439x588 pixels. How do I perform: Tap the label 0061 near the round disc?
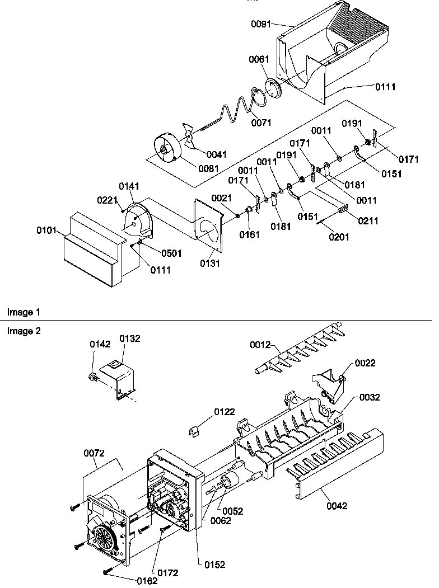click(259, 59)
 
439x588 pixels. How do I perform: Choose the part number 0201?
click(338, 237)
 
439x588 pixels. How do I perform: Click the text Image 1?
click(24, 312)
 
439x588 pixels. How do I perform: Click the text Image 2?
click(24, 331)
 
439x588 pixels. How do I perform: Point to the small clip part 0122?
click(194, 430)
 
